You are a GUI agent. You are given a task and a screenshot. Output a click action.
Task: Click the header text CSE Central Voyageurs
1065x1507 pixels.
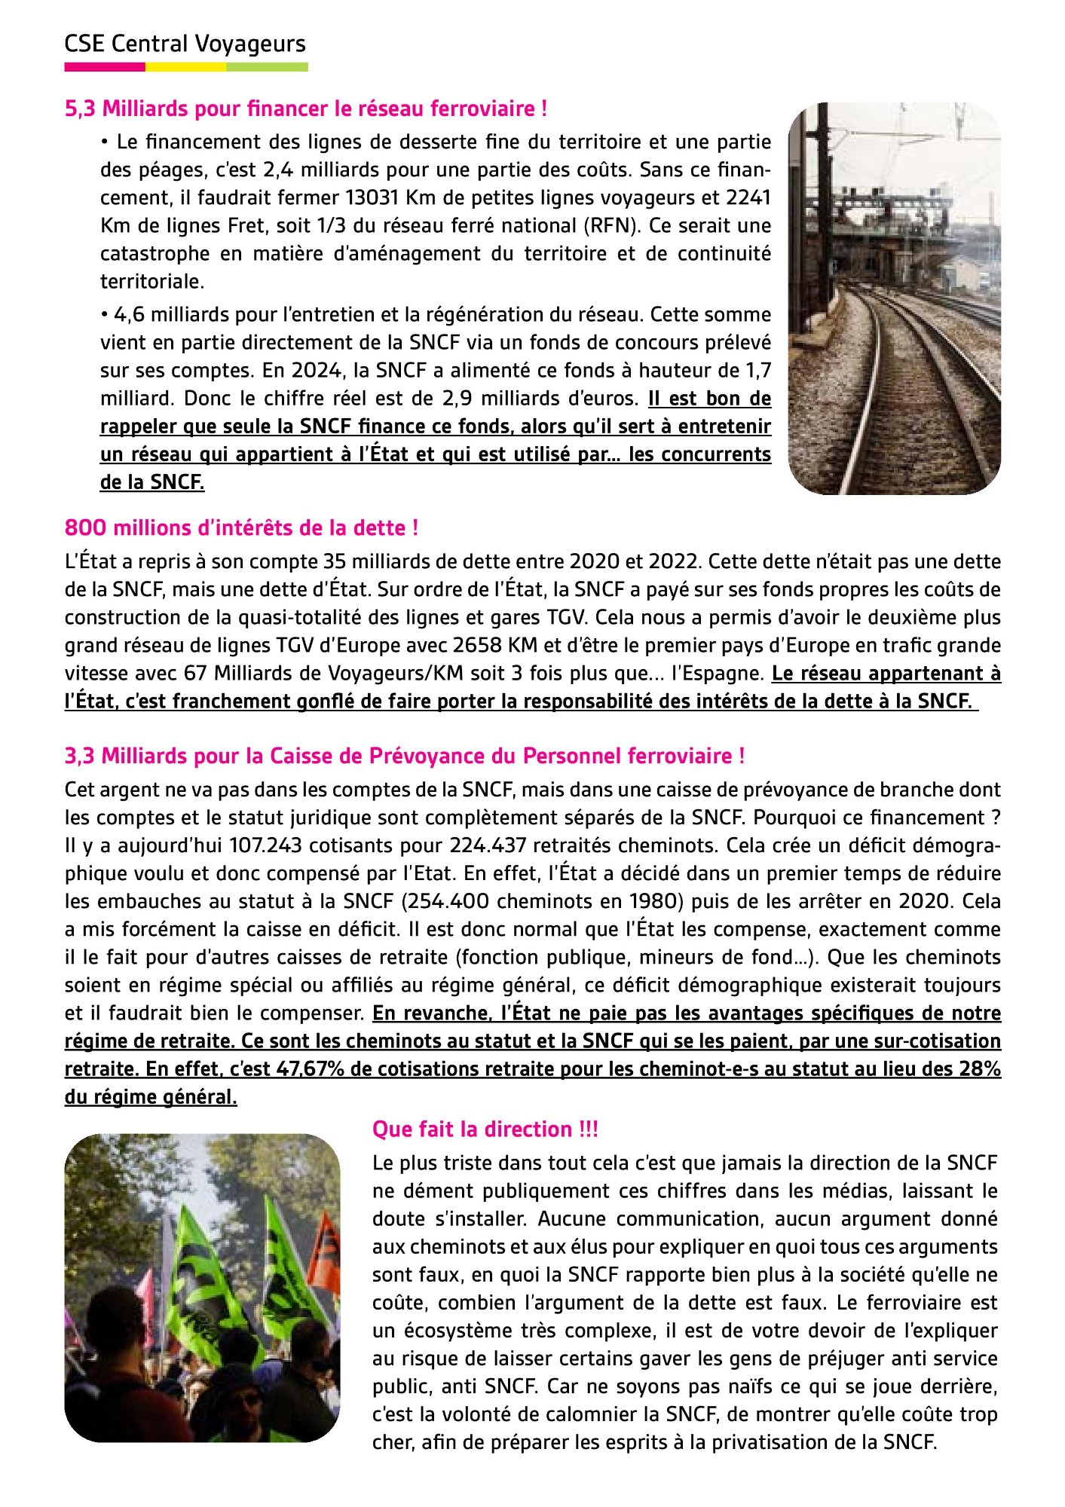click(185, 44)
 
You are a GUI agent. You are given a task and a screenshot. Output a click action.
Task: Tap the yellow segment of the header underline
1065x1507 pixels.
click(185, 67)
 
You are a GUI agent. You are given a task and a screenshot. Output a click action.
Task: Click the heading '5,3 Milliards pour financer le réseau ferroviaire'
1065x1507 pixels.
click(305, 109)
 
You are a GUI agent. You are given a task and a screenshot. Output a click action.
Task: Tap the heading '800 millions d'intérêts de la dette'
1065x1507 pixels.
click(241, 527)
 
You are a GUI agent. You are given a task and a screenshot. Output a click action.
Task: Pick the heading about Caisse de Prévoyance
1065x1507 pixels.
click(405, 756)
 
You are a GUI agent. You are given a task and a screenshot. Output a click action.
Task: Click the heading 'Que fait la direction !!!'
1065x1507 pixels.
click(485, 1129)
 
